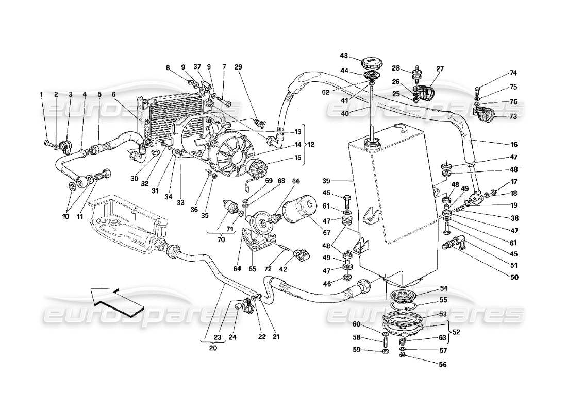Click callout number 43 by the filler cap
pyautogui.click(x=344, y=56)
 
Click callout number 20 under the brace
pyautogui.click(x=213, y=347)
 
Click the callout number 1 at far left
pyautogui.click(x=42, y=94)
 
